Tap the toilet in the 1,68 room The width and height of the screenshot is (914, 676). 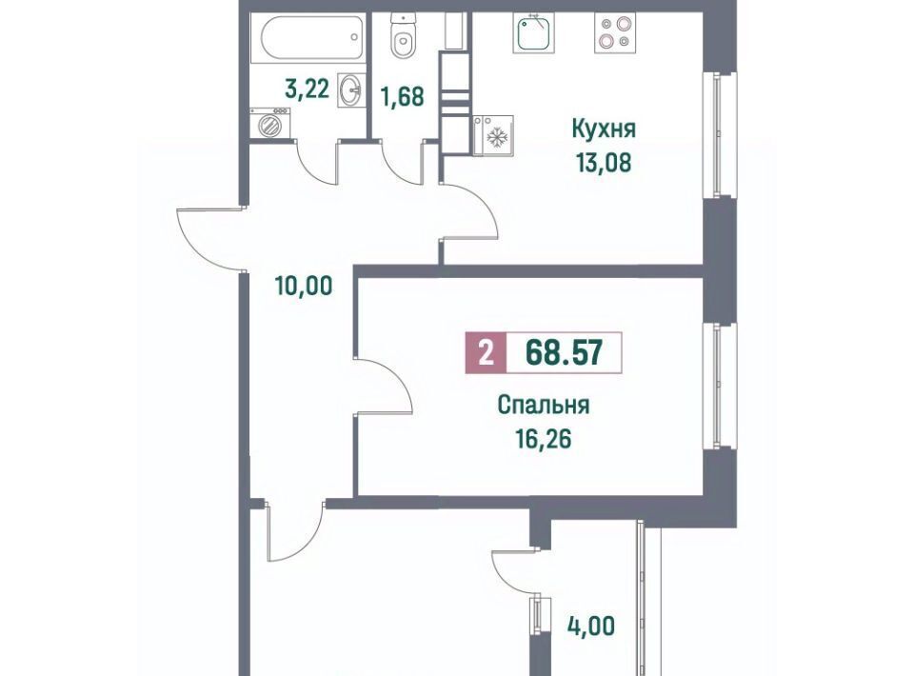(x=402, y=35)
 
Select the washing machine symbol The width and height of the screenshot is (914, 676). (x=270, y=124)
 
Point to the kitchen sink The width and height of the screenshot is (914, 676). (x=534, y=32)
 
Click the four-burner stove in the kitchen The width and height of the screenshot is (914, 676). (x=615, y=32)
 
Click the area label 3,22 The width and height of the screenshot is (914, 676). (x=308, y=89)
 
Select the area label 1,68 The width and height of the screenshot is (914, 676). (x=402, y=97)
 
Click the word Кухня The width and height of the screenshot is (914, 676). (x=604, y=129)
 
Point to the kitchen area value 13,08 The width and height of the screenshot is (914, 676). (x=604, y=163)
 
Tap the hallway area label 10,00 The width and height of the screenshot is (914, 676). (x=305, y=286)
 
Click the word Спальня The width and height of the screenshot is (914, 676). (x=544, y=405)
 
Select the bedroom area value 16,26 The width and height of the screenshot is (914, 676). (x=544, y=439)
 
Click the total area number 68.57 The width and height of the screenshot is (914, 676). (x=564, y=352)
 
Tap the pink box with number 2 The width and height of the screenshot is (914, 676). (x=487, y=352)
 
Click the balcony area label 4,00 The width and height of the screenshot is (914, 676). (x=590, y=626)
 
